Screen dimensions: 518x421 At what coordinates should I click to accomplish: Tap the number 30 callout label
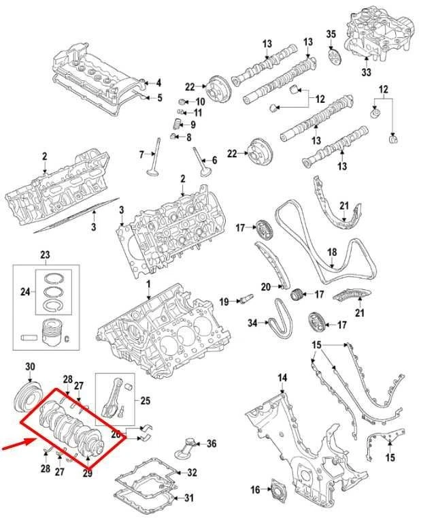point(30,368)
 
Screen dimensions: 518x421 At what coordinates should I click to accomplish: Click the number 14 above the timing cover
point(282,378)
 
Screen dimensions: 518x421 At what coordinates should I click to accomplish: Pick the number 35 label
point(331,34)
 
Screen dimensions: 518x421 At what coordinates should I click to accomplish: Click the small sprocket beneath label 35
point(334,54)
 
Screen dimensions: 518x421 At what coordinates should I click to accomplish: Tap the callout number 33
point(366,72)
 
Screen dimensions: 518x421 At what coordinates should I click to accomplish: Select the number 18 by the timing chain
point(332,252)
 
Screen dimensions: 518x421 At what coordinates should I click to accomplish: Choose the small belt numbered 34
point(280,320)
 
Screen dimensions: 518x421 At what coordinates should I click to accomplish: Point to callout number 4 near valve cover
point(158,83)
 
